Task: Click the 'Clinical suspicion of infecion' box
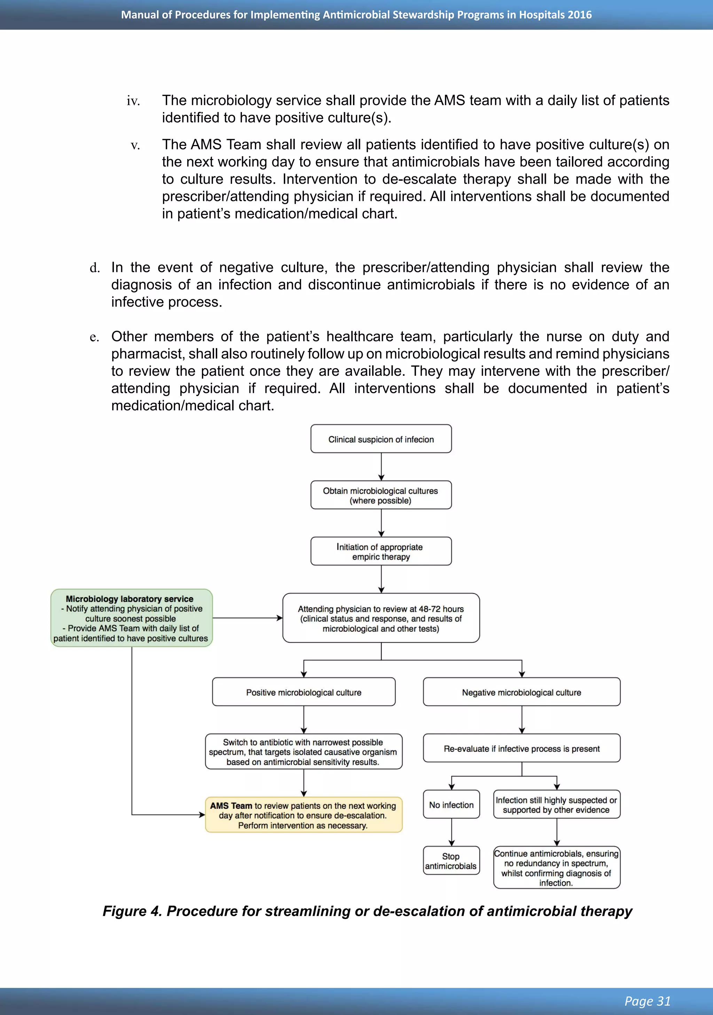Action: click(381, 439)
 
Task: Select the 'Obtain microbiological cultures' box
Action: click(381, 495)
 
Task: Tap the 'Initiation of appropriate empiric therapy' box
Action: click(381, 551)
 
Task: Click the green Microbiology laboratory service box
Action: click(131, 618)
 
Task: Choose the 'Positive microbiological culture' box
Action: click(304, 692)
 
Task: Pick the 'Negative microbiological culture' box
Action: click(522, 692)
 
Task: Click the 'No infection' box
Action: click(451, 804)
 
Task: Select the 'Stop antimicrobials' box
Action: click(451, 861)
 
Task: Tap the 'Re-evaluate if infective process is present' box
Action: click(522, 748)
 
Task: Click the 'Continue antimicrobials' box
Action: click(556, 868)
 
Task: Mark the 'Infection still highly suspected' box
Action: click(556, 804)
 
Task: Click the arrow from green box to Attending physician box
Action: click(248, 618)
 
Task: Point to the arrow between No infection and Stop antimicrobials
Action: click(452, 832)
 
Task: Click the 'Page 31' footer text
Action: click(647, 1001)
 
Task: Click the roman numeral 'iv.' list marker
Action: click(133, 101)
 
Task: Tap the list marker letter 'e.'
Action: click(94, 337)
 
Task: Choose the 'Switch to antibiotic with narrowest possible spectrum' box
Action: click(304, 752)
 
